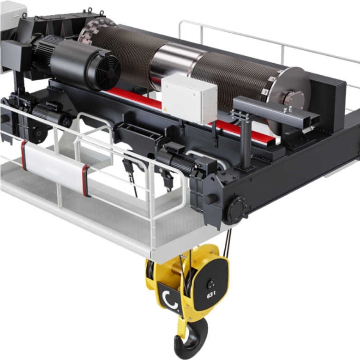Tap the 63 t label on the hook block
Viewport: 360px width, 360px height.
click(x=211, y=295)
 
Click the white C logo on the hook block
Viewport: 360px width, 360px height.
click(x=170, y=300)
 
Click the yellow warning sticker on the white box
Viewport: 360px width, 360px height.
click(x=165, y=109)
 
